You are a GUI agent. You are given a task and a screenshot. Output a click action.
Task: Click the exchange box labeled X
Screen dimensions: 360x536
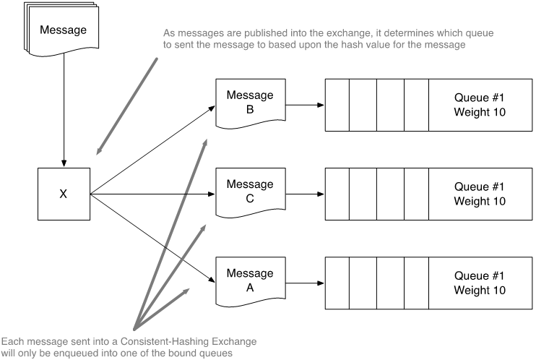coord(64,194)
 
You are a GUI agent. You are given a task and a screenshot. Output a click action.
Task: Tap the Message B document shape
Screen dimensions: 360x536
coord(250,104)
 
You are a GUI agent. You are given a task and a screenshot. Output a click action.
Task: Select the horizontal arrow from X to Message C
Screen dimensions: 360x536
coord(152,194)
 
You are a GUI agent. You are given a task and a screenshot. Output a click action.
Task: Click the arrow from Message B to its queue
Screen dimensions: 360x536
coord(303,106)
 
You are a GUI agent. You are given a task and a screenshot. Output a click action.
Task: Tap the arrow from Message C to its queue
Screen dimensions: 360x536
coord(303,194)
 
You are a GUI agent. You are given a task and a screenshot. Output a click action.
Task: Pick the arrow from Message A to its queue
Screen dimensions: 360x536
coord(303,282)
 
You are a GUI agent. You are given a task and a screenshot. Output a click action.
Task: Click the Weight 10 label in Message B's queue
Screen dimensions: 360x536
coord(479,112)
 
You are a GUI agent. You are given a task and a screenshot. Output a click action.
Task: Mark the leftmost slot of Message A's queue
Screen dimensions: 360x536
coord(337,282)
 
